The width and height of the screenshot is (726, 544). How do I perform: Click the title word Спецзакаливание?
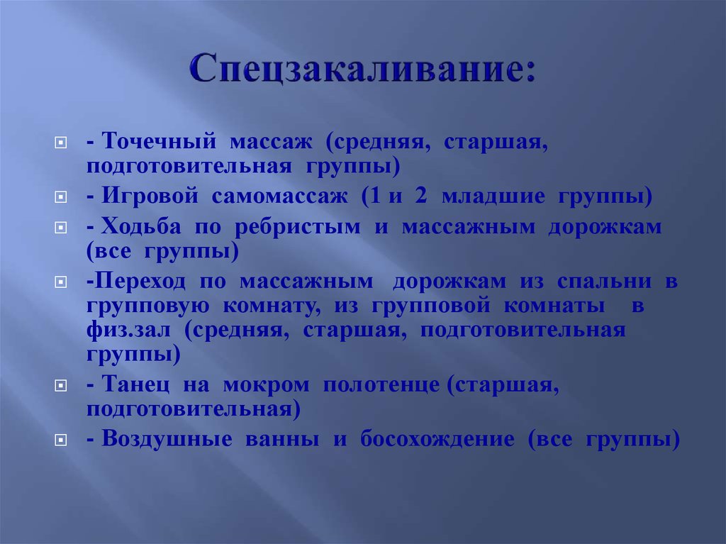(x=362, y=72)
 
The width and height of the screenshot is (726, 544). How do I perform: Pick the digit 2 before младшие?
(x=421, y=196)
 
